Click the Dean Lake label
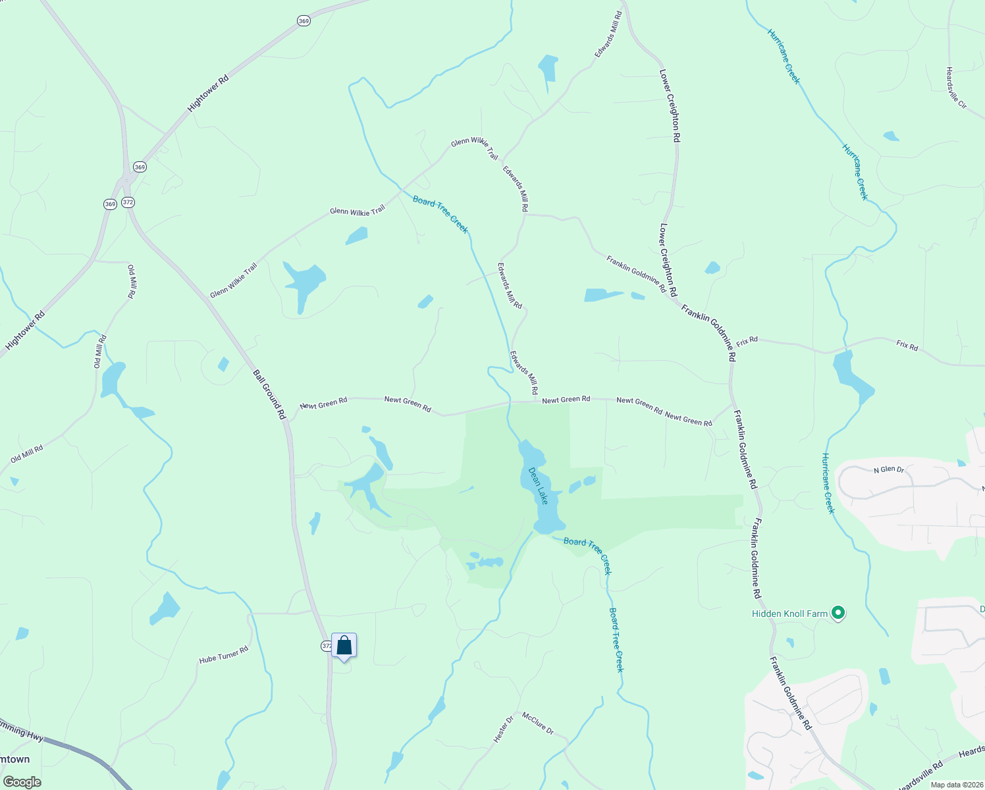coord(538,486)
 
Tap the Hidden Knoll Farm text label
coord(789,614)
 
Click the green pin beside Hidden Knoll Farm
coord(838,614)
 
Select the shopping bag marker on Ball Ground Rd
coord(344,645)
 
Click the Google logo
coord(22,781)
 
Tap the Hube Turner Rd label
coord(224,654)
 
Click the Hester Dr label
coord(503,730)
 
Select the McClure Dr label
coord(538,724)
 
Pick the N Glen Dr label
coord(889,469)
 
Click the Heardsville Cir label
coord(956,88)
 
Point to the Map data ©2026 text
coord(957,785)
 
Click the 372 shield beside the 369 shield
coord(128,202)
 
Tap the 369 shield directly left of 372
coord(110,204)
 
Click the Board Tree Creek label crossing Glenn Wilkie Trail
coord(440,215)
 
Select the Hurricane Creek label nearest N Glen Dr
coord(828,483)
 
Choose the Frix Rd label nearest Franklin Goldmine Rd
coord(747,341)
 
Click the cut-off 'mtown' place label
coord(15,759)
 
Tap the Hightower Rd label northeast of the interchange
coord(208,93)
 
